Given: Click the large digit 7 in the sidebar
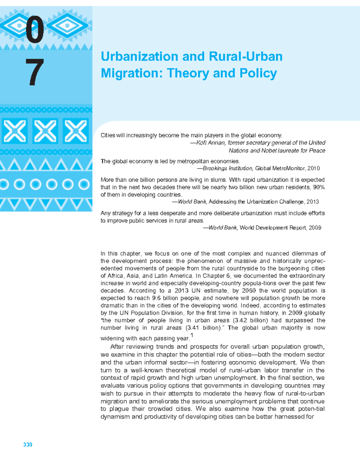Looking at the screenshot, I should (x=34, y=72).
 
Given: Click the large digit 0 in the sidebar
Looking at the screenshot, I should (x=34, y=29).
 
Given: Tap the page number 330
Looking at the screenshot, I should (x=28, y=444).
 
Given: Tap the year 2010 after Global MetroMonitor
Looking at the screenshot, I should (x=313, y=169).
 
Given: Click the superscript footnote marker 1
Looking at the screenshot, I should (x=192, y=335).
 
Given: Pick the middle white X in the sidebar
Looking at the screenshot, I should (x=45, y=131).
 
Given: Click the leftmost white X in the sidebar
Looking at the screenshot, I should (x=15, y=131).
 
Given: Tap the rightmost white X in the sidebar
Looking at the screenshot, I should (x=76, y=131).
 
